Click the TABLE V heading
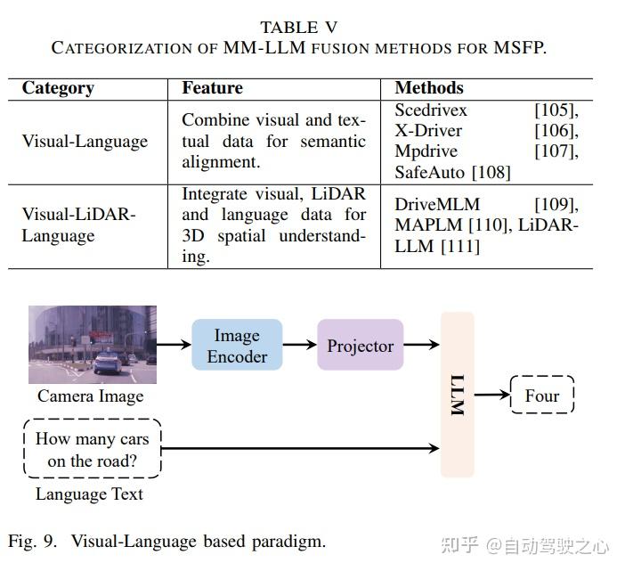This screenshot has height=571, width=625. (298, 28)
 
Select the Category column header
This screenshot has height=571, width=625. (58, 88)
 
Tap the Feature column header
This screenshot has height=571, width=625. (212, 88)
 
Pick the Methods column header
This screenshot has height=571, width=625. (429, 88)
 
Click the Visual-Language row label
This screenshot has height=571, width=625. (85, 142)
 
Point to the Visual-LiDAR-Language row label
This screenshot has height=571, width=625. (78, 225)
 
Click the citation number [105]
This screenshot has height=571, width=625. (556, 110)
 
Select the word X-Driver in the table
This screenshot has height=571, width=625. (428, 131)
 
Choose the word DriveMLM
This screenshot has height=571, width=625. (436, 205)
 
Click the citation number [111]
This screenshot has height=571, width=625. (460, 246)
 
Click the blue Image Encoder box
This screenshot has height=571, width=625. (237, 346)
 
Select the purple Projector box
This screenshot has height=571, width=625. (360, 346)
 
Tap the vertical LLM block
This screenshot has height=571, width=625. (458, 395)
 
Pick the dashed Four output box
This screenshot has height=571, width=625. (542, 396)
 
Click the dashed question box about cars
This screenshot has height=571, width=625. (93, 449)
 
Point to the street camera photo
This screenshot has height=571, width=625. (93, 345)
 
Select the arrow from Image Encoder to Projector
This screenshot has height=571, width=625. (300, 346)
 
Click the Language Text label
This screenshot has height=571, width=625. (89, 494)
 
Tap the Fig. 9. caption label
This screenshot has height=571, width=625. (36, 541)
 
